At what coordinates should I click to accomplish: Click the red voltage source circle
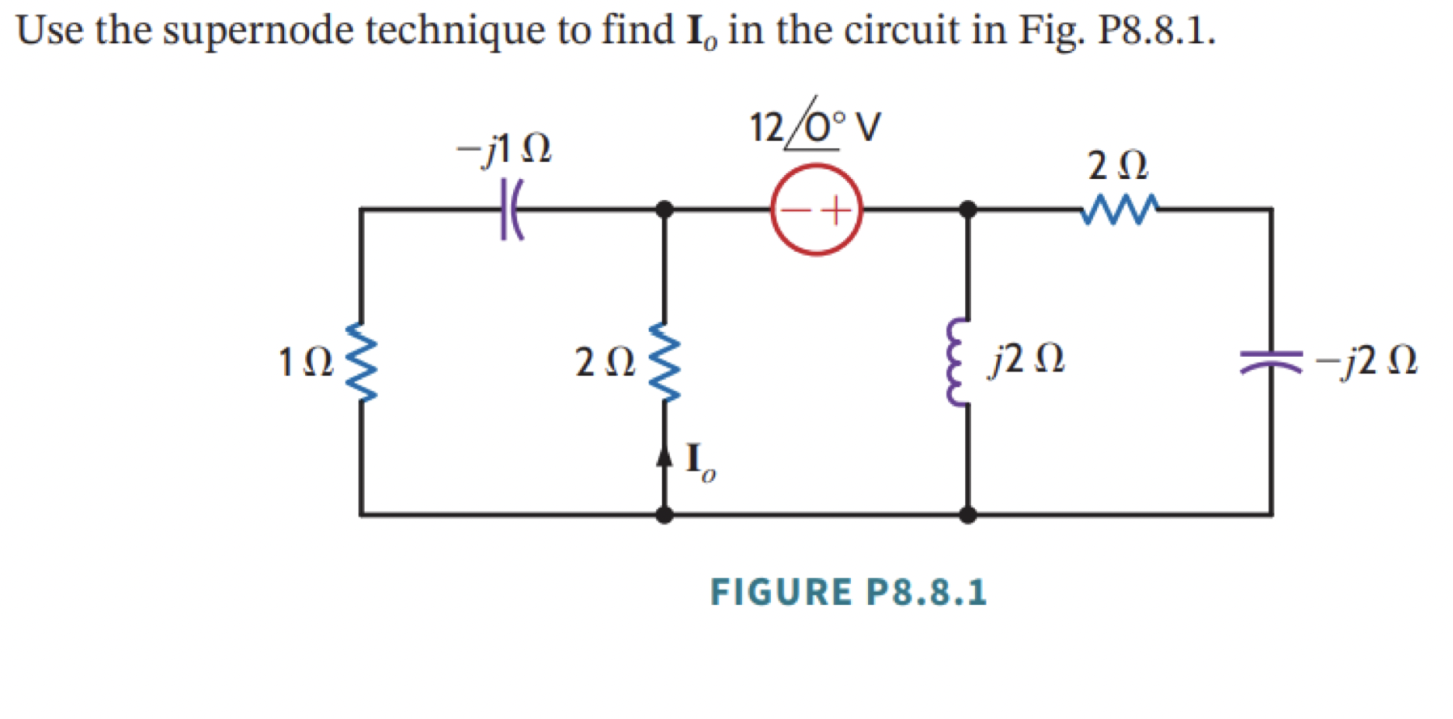click(816, 210)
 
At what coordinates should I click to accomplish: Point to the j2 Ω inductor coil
click(959, 362)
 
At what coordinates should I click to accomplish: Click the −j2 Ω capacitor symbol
click(1271, 362)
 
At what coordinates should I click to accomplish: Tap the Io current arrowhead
click(664, 457)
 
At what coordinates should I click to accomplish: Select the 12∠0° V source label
click(814, 127)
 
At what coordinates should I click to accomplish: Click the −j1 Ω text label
click(503, 148)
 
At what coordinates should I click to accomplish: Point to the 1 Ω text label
click(305, 362)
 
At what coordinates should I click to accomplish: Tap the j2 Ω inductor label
click(1027, 359)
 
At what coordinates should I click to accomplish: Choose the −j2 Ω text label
click(1366, 361)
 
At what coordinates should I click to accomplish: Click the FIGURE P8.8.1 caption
click(849, 592)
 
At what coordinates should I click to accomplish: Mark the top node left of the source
click(664, 210)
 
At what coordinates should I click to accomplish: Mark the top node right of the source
click(967, 210)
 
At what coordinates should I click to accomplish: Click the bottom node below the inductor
click(967, 514)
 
